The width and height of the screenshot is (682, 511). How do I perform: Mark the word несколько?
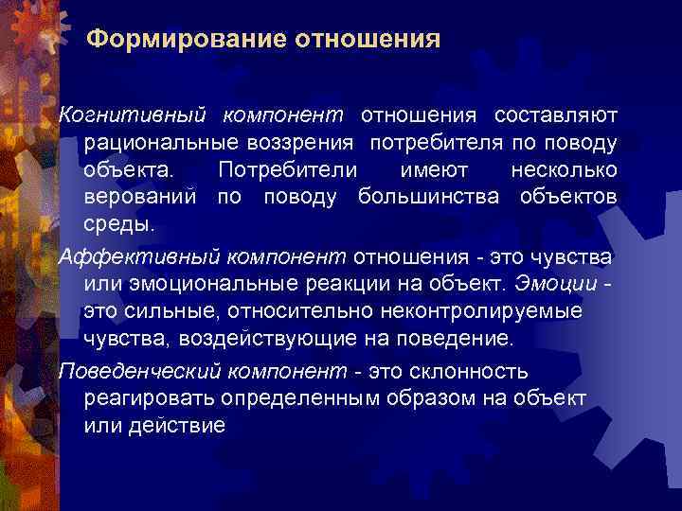click(x=564, y=171)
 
